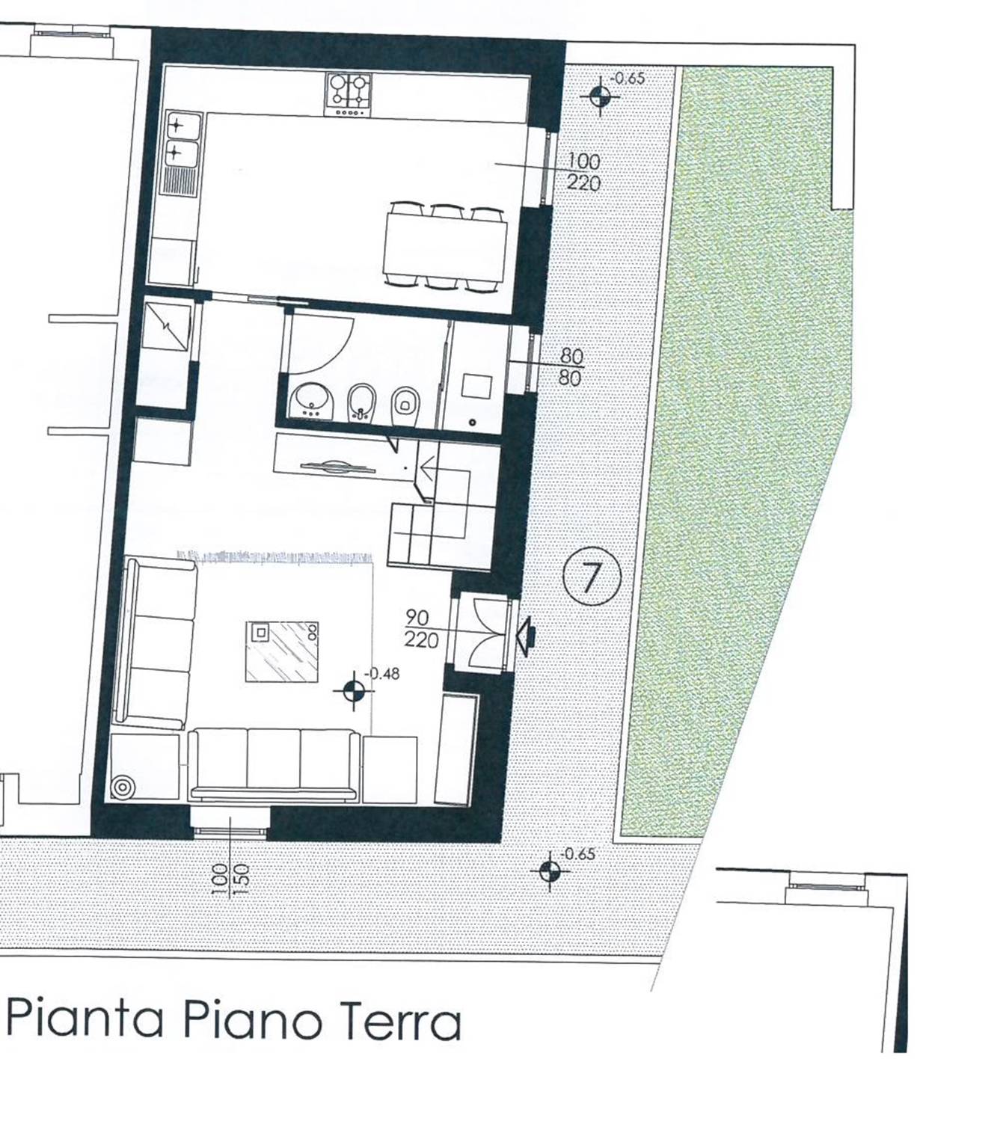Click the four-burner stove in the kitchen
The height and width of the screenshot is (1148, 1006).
347,95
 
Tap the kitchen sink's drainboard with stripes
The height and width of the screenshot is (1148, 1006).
179,179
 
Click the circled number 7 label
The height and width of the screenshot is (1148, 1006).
592,577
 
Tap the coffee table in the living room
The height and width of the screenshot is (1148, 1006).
282,651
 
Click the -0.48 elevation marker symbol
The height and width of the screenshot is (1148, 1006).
355,690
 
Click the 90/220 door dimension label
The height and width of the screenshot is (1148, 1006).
422,627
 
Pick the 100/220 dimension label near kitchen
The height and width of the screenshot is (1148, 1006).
583,172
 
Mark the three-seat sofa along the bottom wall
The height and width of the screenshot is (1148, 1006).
274,765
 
